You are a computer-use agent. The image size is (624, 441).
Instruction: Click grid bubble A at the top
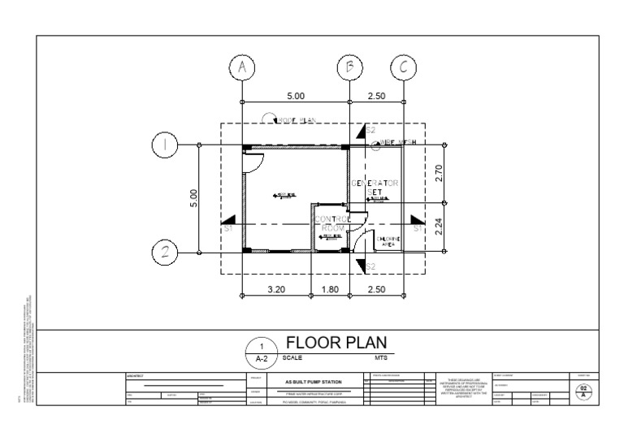coord(242,68)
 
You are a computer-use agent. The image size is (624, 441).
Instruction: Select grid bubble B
coord(350,68)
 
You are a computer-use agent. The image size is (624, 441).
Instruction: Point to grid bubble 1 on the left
coord(166,145)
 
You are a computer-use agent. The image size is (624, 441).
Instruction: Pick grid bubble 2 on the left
coord(166,253)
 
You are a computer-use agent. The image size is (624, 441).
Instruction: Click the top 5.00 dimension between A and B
coord(296,96)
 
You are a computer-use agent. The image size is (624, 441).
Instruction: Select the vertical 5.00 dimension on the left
coord(193,199)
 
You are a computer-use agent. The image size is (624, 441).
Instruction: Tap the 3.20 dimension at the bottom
coord(275,288)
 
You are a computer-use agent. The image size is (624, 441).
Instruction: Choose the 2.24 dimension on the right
coord(439,228)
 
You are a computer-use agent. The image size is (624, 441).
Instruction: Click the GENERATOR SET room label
coord(375,188)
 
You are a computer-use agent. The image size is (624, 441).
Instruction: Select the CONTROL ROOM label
coord(331,224)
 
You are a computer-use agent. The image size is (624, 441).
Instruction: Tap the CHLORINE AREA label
coord(386,240)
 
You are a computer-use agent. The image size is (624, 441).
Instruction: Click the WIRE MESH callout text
coord(398,143)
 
